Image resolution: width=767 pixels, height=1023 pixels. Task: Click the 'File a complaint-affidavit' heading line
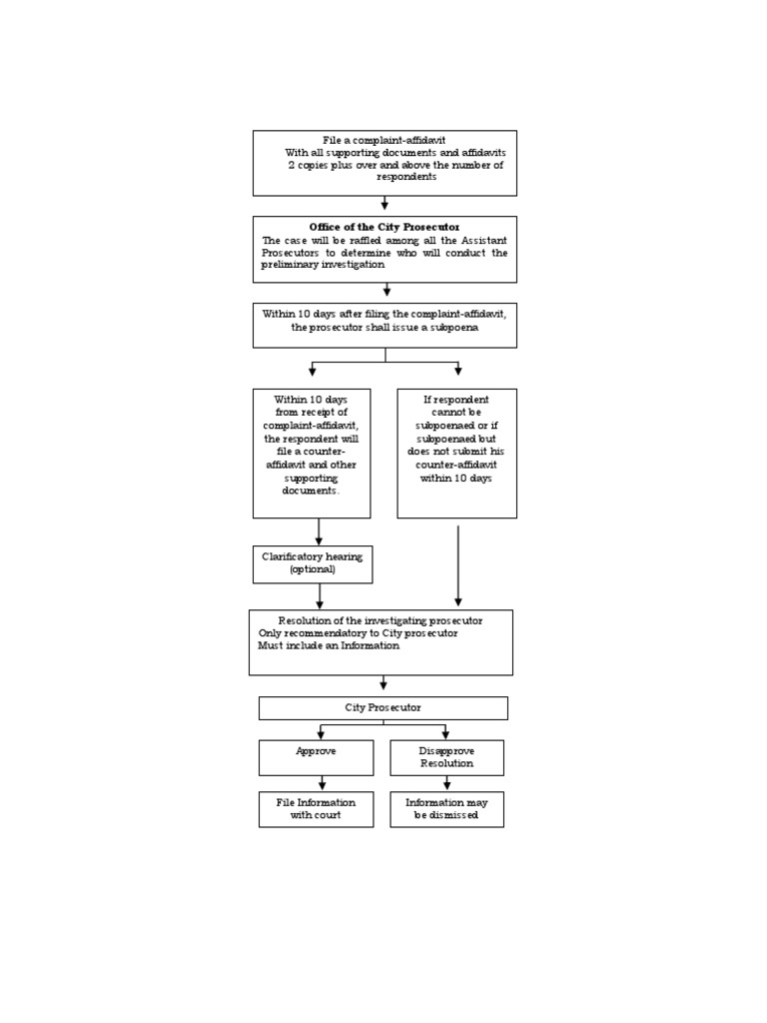coord(384,140)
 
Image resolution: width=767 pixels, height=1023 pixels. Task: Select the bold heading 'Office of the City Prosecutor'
coord(384,227)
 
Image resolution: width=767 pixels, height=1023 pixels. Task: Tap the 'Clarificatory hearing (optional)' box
coord(313,563)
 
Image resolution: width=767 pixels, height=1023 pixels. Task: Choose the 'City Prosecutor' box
coord(383,707)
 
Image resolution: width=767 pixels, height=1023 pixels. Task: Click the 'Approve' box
coord(316,757)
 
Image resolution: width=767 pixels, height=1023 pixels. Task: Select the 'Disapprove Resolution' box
coord(446,757)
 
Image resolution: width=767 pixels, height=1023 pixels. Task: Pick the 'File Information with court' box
coord(316,809)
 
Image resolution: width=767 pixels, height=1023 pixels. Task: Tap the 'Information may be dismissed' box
coord(446,809)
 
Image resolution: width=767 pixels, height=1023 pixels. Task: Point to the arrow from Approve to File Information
coord(322,783)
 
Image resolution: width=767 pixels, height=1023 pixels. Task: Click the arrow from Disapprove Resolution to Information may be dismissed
coord(446,783)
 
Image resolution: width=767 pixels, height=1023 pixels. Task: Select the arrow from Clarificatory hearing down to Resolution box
coord(320,596)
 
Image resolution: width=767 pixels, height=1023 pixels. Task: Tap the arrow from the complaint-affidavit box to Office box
coord(384,203)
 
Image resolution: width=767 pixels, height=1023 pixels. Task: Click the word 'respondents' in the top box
coord(406,177)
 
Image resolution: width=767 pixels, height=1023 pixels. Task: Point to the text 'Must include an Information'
coord(329,645)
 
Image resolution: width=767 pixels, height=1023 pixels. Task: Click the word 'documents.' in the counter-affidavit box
coord(311,491)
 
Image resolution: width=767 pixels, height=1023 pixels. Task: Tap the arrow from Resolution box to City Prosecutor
coord(383,683)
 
